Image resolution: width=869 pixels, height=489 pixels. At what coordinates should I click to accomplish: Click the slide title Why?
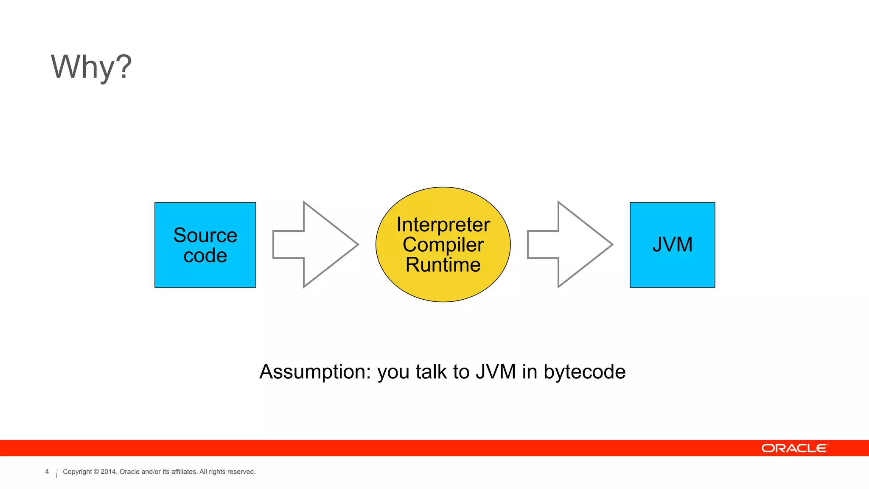click(91, 67)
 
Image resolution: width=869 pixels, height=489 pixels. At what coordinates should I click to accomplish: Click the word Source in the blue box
click(205, 235)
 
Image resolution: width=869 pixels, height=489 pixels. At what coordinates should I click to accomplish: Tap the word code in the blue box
click(205, 256)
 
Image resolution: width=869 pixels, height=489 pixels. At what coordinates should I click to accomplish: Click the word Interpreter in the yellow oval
click(443, 225)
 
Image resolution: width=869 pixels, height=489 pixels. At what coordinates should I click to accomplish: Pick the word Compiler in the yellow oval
click(443, 245)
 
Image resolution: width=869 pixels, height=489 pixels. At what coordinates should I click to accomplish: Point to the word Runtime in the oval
click(443, 265)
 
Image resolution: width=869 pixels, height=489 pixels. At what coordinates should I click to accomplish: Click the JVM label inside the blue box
click(672, 245)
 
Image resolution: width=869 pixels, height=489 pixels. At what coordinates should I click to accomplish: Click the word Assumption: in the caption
click(315, 372)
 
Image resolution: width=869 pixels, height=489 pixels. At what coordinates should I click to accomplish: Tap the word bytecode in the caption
click(584, 372)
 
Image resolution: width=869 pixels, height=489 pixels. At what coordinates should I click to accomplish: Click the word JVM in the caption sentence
click(495, 372)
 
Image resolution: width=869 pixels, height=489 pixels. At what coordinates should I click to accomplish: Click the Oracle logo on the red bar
click(794, 448)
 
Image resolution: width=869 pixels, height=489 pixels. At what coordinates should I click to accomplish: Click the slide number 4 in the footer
click(47, 472)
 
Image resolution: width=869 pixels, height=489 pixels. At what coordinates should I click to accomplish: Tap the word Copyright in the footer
click(77, 472)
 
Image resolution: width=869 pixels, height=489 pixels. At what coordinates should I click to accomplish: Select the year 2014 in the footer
click(108, 472)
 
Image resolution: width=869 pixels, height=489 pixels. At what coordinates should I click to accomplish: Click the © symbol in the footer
click(96, 472)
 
